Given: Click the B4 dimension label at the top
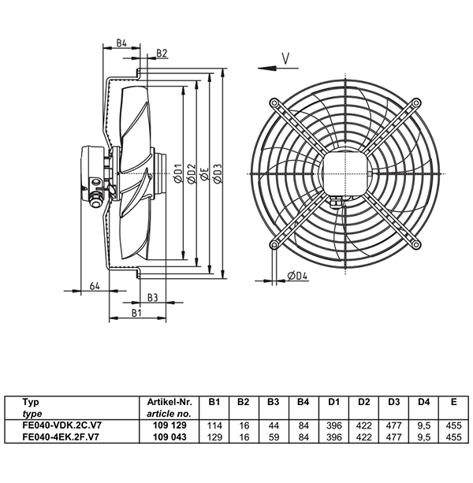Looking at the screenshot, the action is point(121,43).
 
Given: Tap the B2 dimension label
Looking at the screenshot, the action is point(162,53).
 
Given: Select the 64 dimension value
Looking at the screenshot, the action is point(95,286).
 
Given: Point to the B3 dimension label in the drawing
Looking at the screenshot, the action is point(152,298).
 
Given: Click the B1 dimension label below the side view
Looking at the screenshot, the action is point(136,313).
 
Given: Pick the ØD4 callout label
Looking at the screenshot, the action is point(298,276).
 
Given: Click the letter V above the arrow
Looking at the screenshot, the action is point(286,58).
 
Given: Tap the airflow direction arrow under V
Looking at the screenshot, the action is point(278,68).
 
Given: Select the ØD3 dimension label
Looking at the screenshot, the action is point(218,174).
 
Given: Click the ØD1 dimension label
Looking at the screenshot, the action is point(178,174).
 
